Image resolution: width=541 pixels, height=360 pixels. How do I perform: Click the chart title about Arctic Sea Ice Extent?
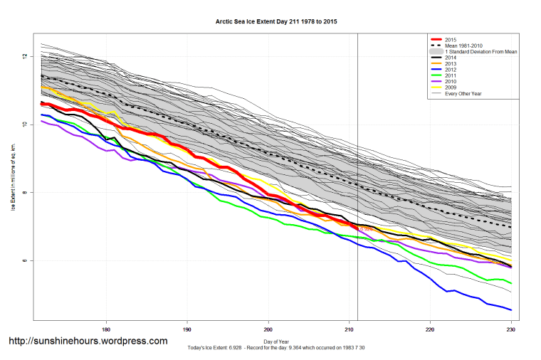(276, 22)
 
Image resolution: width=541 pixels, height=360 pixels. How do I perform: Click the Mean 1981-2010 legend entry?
(463, 46)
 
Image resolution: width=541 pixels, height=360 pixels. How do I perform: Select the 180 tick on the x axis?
(106, 329)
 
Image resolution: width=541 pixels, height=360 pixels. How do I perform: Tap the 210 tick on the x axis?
(349, 329)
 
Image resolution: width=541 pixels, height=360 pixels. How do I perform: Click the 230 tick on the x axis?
(510, 329)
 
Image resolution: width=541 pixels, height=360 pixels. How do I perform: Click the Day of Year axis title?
(276, 342)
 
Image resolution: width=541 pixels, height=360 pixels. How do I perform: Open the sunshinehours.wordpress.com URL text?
(88, 341)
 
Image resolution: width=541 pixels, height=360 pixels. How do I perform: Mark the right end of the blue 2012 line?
(511, 309)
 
